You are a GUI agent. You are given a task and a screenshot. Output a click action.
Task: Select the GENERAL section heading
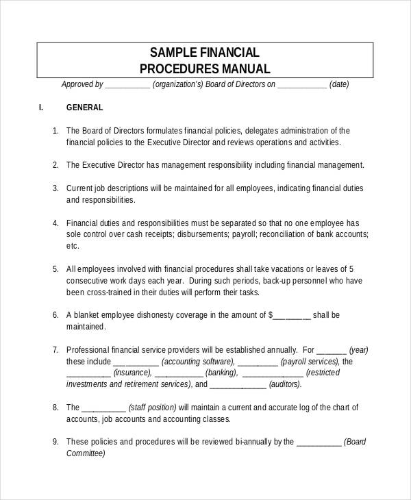[84, 108]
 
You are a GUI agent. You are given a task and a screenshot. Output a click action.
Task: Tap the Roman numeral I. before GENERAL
[40, 108]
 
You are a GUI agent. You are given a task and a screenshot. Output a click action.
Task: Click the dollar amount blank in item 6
[293, 315]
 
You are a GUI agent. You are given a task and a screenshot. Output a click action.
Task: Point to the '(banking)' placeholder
[221, 373]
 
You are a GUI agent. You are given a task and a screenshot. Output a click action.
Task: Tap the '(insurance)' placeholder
[133, 373]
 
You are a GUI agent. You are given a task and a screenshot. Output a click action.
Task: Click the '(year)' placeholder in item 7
[360, 349]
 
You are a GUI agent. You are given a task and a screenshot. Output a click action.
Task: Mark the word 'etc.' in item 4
[73, 245]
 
